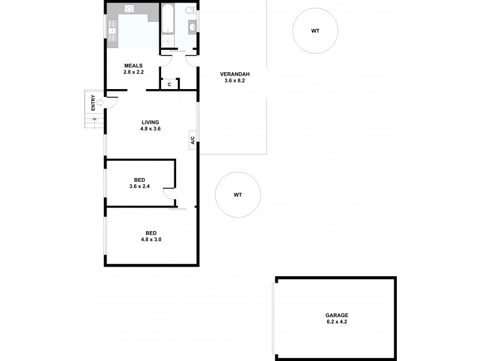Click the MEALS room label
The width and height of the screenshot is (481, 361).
[133, 66]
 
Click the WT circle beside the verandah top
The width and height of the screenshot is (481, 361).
[315, 31]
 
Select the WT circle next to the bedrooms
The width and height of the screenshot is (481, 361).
[238, 195]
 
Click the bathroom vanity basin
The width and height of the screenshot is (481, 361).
[193, 26]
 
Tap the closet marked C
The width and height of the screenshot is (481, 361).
[170, 84]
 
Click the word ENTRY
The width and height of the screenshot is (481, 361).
[93, 103]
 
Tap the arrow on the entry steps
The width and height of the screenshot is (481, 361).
[94, 120]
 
